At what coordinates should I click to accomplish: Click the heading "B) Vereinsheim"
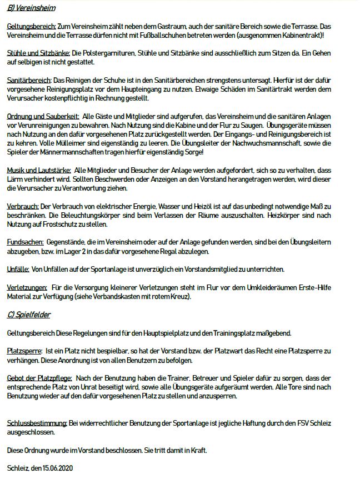31,8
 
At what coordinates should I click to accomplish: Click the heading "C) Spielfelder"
29,315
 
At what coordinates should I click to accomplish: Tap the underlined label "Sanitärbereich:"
29,81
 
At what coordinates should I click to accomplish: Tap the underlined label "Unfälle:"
18,270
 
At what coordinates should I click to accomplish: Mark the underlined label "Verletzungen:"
27,288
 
